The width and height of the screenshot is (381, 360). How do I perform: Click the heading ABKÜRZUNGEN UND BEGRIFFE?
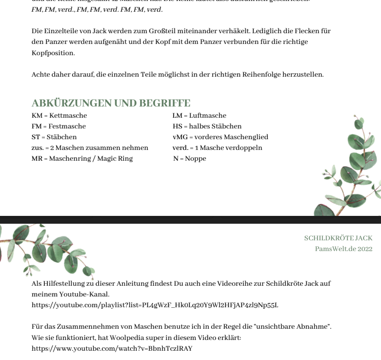111,103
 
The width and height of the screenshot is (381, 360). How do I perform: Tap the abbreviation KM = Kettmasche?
59,116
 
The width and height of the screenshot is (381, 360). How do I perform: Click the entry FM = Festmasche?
59,127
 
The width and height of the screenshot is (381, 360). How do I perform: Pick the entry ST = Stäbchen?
54,137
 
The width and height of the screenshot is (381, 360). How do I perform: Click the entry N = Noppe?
189,159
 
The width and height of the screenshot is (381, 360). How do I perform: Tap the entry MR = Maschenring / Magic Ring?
82,159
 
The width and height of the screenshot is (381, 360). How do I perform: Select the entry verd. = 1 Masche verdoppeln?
217,148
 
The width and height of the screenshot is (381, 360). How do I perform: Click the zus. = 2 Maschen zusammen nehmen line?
90,148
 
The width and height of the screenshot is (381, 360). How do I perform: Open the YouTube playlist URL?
155,305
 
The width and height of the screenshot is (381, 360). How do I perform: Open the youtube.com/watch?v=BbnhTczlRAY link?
112,349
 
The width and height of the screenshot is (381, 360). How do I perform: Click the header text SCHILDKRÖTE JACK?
338,238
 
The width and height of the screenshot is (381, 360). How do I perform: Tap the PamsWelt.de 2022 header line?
343,249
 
